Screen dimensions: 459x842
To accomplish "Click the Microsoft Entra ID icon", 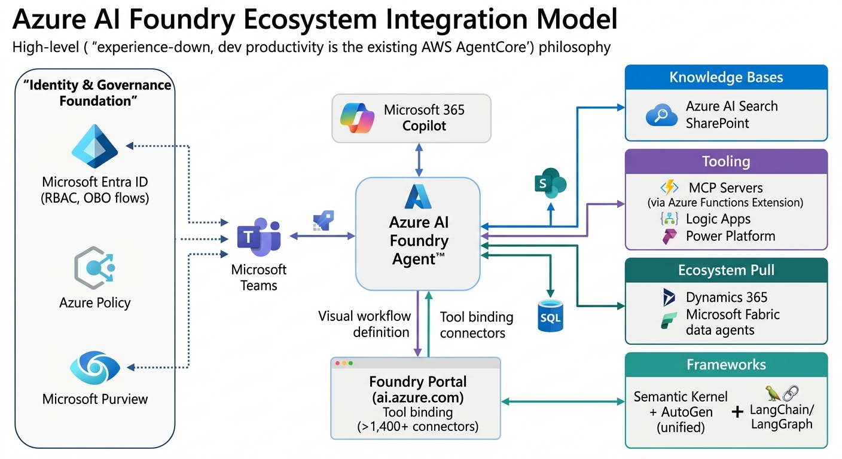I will [94, 147].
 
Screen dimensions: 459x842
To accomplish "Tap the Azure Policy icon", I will [94, 270].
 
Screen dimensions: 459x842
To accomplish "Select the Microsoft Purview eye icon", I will [94, 368].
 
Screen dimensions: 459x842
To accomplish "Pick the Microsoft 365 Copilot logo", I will [357, 118].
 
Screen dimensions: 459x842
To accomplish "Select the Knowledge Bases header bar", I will [726, 78].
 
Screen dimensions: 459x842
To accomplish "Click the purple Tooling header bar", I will [726, 161].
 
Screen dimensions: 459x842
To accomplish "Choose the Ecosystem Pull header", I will [726, 270].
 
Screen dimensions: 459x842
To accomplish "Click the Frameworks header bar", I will [726, 365].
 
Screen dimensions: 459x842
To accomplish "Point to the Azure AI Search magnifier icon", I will [661, 115].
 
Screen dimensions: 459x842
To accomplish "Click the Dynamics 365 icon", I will [669, 297].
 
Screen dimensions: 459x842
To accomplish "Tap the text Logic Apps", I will [718, 219].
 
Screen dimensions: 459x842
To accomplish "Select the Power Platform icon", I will [669, 236].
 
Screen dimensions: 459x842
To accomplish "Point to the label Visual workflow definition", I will [364, 324].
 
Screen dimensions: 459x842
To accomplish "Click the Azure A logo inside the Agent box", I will [418, 197].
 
